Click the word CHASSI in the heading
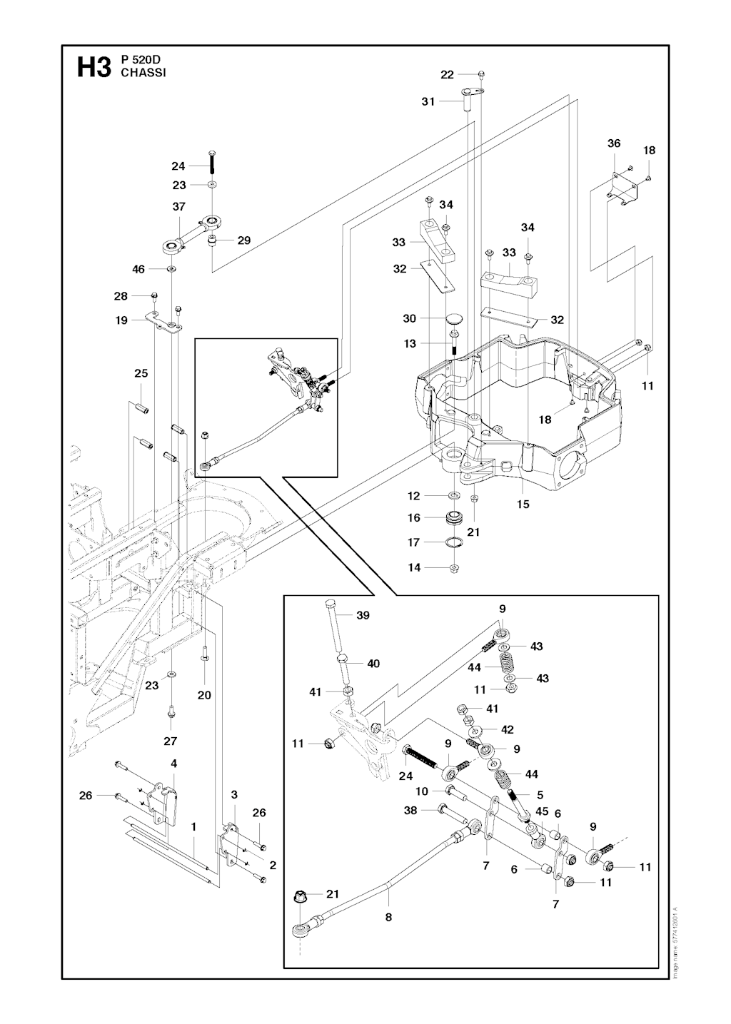[143, 73]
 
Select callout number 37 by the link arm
[178, 207]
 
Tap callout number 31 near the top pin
[428, 102]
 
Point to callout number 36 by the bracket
[614, 143]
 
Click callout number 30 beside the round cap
[409, 318]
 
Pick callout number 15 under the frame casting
[523, 504]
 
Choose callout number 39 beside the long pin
[363, 615]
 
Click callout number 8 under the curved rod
[388, 918]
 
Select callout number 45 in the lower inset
[542, 811]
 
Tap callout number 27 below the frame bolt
[170, 741]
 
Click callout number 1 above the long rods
[193, 826]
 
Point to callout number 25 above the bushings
[141, 373]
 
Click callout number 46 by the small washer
[138, 269]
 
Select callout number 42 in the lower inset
[508, 729]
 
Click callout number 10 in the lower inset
[422, 791]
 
